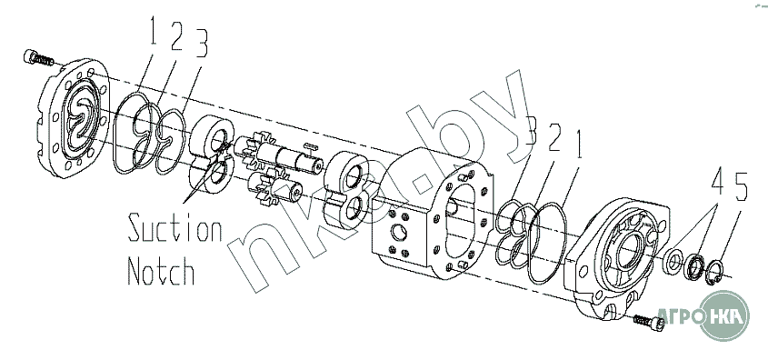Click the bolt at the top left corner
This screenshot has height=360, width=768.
[x=37, y=58]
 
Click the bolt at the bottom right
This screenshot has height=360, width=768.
[x=649, y=321]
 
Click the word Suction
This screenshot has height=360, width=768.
[x=175, y=229]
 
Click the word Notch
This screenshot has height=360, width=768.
[x=161, y=270]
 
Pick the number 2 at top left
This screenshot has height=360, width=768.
[x=177, y=35]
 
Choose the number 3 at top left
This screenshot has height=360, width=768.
[x=200, y=42]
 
